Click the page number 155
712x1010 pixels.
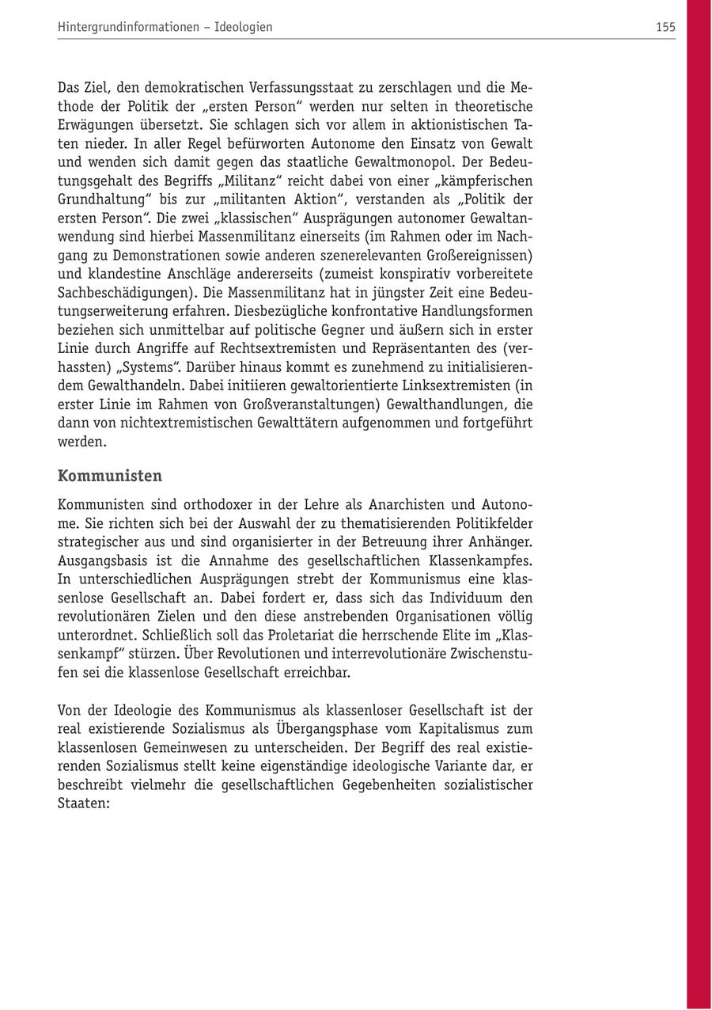(x=665, y=27)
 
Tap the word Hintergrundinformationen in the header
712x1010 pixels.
(x=128, y=27)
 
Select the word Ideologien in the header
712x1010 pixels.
(x=244, y=27)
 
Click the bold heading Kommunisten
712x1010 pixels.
(x=110, y=476)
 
